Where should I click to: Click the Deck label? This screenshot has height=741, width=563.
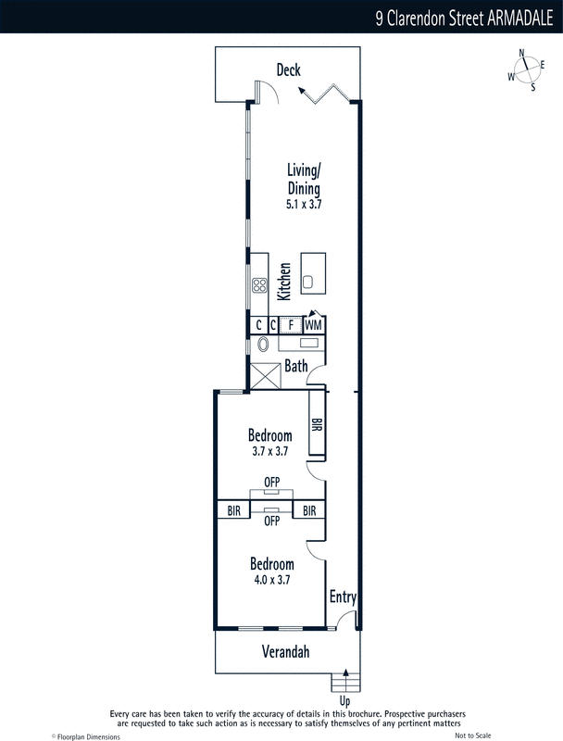pos(288,70)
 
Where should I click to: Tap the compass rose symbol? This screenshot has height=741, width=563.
pos(526,70)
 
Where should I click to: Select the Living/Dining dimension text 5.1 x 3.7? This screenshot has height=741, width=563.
pos(304,204)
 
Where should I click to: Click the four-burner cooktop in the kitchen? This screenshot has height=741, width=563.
pos(259,285)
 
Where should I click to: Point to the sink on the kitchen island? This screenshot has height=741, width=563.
pos(308,283)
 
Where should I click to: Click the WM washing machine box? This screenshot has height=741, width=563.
pos(313,325)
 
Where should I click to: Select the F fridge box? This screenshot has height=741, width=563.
pos(291,325)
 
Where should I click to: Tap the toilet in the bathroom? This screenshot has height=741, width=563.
pos(263,344)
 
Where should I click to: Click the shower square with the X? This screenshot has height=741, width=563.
pos(265,376)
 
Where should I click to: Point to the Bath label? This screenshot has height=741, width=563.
pos(296,366)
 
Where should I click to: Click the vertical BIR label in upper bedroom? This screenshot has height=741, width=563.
pos(317,424)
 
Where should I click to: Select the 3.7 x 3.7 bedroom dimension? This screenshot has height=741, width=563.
pos(270,451)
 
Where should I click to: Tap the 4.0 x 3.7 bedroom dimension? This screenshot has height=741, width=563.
pos(272,580)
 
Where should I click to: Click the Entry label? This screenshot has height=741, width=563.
pos(343,597)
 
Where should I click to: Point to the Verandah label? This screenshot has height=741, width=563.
pos(286,652)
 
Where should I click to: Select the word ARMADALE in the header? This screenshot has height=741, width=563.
pos(520,18)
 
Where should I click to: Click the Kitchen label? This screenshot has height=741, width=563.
pos(284,282)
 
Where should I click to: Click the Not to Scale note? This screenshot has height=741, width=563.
pos(473,735)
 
